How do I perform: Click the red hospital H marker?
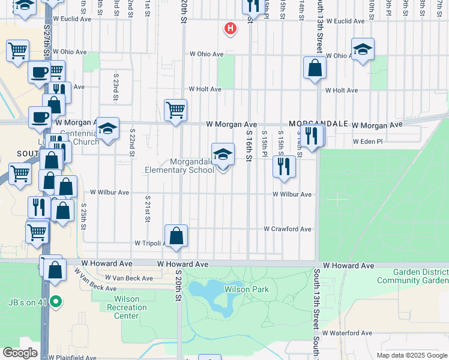(229, 28)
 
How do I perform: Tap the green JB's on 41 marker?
(56, 301)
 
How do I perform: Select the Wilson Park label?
(246, 290)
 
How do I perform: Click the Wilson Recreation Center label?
(126, 307)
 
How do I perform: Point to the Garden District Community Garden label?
(412, 276)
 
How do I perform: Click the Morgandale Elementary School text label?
(179, 166)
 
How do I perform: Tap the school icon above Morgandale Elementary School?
(223, 155)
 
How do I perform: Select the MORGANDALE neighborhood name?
(319, 124)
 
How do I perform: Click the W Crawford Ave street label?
(288, 229)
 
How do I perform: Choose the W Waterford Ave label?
(347, 333)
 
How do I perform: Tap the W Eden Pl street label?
(367, 142)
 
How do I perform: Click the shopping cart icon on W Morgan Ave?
(175, 110)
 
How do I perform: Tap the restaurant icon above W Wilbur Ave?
(284, 166)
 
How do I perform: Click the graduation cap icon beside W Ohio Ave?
(363, 50)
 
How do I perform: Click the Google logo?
(20, 353)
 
